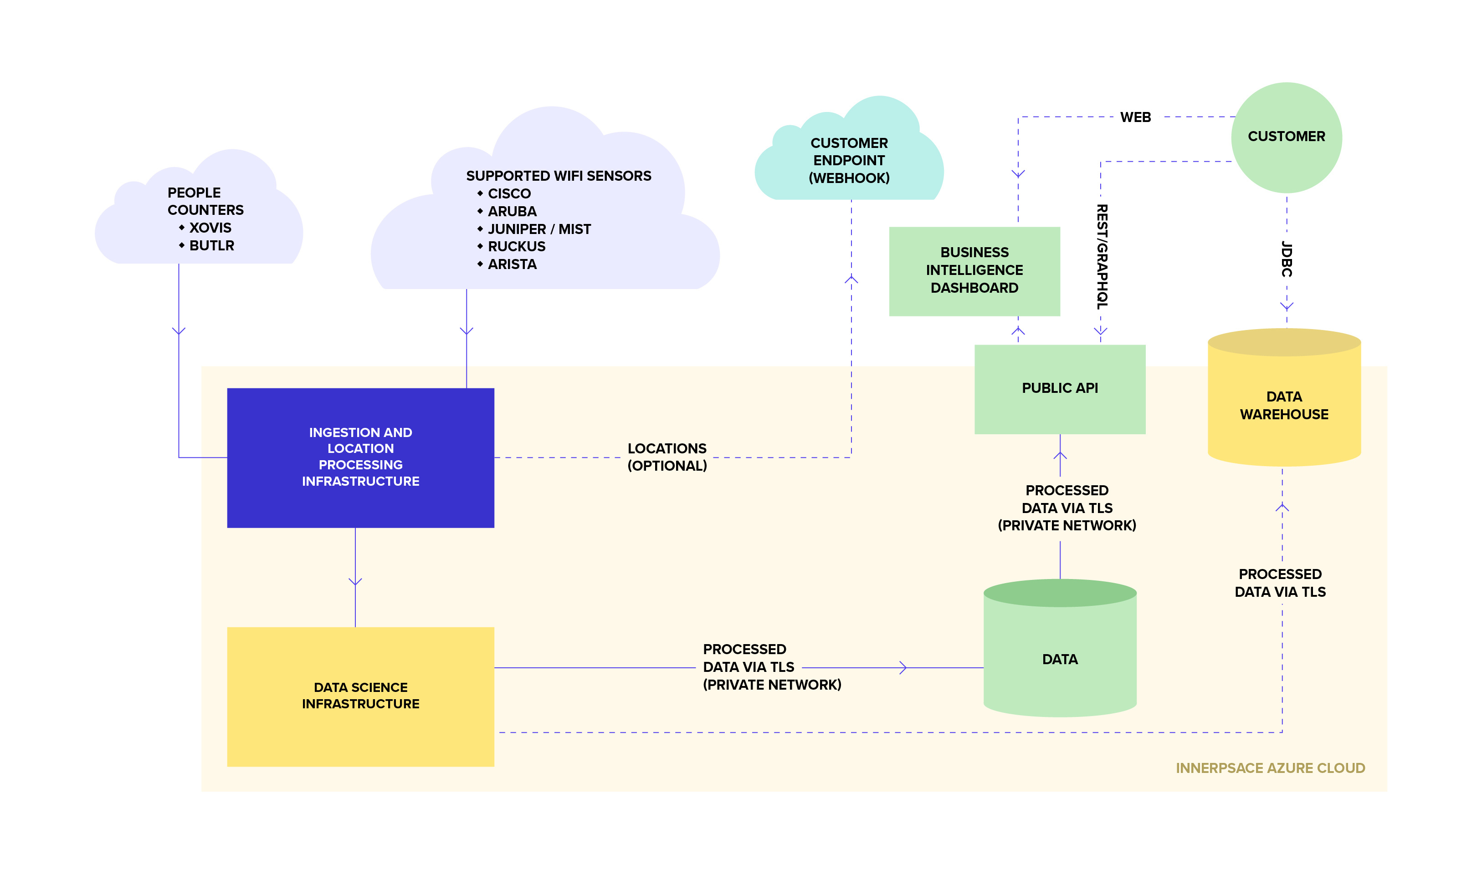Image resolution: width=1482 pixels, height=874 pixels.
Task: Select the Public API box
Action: click(x=1060, y=389)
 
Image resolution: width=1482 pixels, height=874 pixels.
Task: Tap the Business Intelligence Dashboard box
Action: click(x=974, y=271)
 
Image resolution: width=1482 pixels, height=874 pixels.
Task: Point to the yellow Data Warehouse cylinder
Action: click(x=1283, y=406)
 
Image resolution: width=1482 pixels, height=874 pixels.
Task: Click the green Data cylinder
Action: click(x=1060, y=659)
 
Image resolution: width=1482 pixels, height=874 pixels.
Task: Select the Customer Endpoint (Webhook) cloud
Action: click(x=849, y=160)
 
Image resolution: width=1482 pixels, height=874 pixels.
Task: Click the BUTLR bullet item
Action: click(x=211, y=246)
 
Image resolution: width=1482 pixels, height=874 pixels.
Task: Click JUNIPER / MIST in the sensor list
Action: click(x=538, y=229)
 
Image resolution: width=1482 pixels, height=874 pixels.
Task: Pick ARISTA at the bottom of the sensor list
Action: click(x=512, y=264)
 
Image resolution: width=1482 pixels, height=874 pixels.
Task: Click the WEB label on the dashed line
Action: click(x=1135, y=117)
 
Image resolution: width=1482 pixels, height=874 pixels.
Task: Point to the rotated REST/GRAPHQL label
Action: click(x=1101, y=257)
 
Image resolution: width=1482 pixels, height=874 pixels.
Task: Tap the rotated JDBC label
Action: click(x=1287, y=259)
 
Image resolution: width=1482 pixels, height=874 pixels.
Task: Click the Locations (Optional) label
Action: click(x=667, y=457)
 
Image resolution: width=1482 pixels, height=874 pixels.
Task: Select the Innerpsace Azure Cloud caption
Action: click(x=1270, y=768)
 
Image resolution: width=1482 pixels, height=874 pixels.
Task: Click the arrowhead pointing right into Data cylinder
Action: click(x=903, y=667)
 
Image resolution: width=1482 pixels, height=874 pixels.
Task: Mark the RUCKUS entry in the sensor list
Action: click(x=516, y=247)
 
